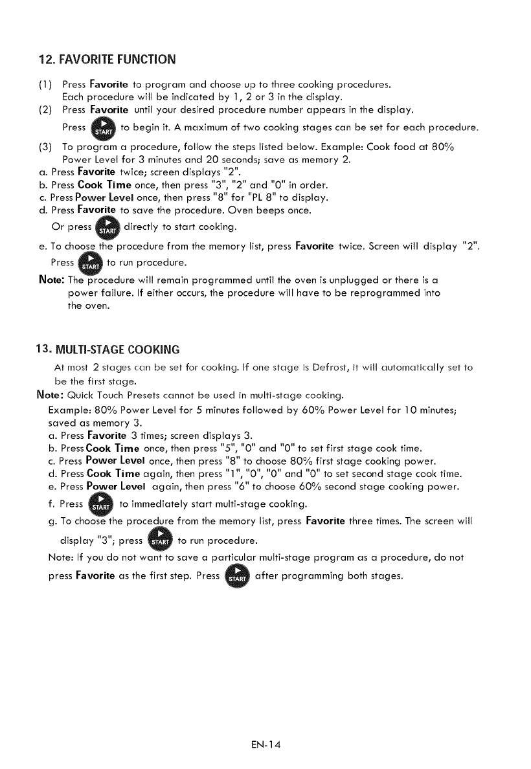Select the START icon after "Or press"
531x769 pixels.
coord(106,227)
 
